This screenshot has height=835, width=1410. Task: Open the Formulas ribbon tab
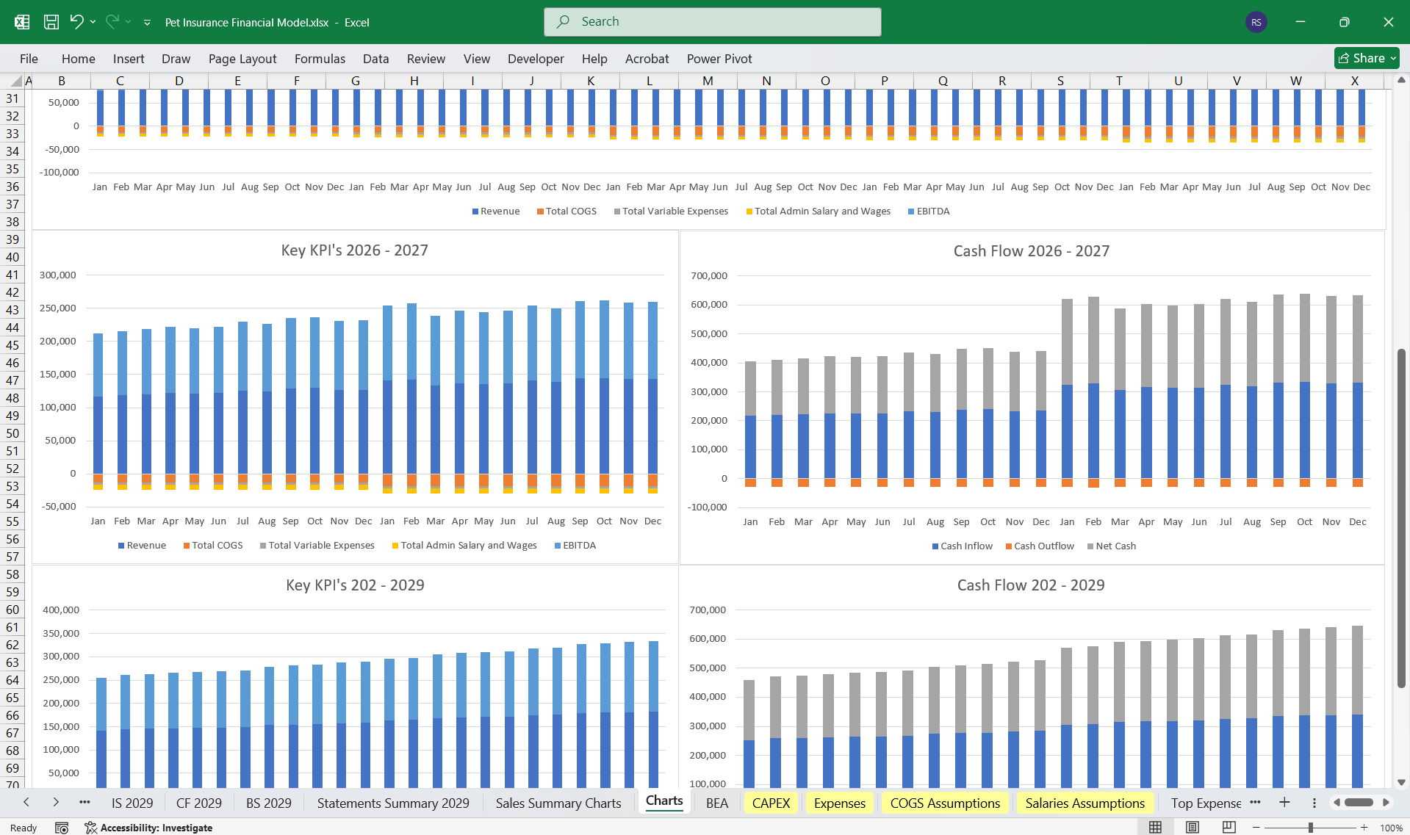pos(320,59)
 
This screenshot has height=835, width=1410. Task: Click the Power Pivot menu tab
pos(719,59)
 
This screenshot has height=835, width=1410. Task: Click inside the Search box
pos(712,22)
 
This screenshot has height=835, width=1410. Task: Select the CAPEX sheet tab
pos(771,803)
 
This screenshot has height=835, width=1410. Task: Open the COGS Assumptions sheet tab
pos(945,803)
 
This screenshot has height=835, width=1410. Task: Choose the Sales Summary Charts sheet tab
pos(558,803)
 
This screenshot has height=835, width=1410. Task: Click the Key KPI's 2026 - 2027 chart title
pos(354,250)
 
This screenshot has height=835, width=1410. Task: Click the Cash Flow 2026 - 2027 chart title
pos(1031,251)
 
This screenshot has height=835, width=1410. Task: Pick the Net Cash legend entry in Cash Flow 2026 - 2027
pos(1115,546)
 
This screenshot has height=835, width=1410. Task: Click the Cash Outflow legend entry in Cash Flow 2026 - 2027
pos(1043,546)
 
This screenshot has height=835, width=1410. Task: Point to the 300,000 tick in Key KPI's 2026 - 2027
pos(58,275)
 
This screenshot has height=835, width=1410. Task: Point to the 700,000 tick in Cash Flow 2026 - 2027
pos(708,275)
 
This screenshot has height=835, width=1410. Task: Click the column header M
pos(708,81)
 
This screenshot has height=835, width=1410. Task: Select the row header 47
pos(12,380)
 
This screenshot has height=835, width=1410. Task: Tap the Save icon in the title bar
pos(51,22)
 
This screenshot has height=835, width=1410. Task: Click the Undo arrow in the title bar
pos(76,22)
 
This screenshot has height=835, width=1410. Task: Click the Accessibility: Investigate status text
pos(156,828)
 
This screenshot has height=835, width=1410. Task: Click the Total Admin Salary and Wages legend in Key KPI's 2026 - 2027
pos(468,545)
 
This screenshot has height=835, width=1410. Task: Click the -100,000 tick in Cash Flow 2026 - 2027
pos(707,507)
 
